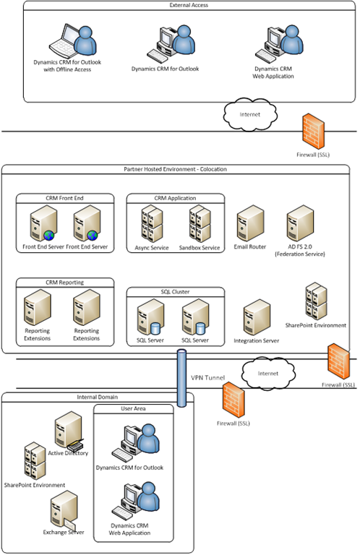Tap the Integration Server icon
(x=257, y=317)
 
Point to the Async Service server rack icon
(x=151, y=223)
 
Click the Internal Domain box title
(x=98, y=397)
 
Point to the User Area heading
(x=133, y=409)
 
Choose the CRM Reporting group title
(x=64, y=283)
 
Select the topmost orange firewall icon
(x=313, y=127)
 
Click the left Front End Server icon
(x=41, y=225)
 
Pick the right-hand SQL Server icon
(x=195, y=318)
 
